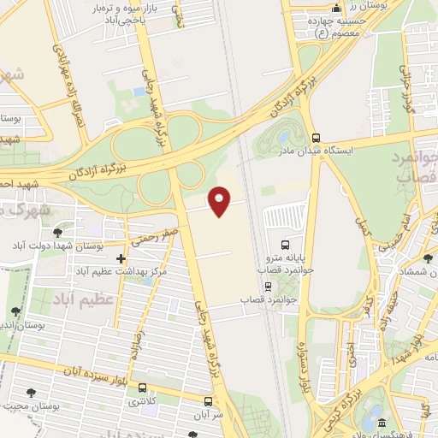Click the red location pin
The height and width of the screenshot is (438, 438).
coord(221,201)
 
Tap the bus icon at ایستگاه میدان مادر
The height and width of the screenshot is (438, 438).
coord(317,137)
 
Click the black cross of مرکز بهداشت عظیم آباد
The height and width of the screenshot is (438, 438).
coord(121,258)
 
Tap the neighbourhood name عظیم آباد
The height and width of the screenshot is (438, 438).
coord(73,301)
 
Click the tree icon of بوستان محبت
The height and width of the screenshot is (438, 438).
coord(32,393)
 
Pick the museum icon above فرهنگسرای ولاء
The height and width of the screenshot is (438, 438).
coord(381,423)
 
